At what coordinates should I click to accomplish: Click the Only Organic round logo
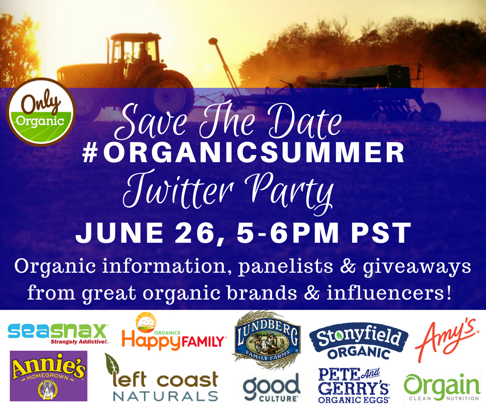click(x=41, y=112)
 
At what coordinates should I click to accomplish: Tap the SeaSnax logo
click(x=58, y=334)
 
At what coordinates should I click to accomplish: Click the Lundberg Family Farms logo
click(x=267, y=338)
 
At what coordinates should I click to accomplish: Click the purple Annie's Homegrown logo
click(x=49, y=375)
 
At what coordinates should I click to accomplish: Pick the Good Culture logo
click(x=271, y=387)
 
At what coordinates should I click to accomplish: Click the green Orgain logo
click(x=442, y=387)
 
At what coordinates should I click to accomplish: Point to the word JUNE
click(x=119, y=232)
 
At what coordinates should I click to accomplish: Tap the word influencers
click(x=388, y=293)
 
